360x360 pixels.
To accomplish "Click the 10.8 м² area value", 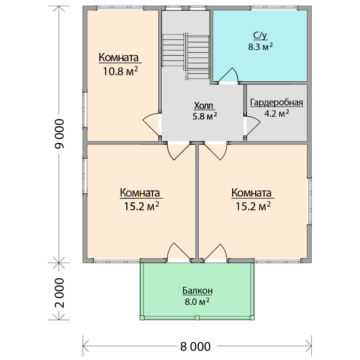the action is [x=120, y=71].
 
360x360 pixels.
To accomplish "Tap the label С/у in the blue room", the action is [x=260, y=36].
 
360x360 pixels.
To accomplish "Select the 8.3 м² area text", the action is [x=260, y=46].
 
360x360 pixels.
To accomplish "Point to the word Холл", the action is [x=204, y=105].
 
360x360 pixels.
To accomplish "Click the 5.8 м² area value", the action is [x=205, y=116].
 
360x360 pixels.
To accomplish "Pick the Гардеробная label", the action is [x=276, y=103].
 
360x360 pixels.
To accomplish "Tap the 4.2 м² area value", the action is [x=276, y=113].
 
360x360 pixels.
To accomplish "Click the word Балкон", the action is [x=197, y=291].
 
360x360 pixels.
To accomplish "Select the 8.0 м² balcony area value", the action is [x=197, y=301].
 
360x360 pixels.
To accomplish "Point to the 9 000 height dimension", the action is [x=60, y=134].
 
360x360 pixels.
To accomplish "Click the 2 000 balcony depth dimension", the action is [x=60, y=293].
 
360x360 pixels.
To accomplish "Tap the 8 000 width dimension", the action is [x=195, y=346].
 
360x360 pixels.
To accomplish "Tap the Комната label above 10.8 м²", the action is [x=119, y=58].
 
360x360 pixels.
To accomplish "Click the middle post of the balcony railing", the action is [x=197, y=318].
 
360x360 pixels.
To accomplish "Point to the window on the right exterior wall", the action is [x=310, y=201].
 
